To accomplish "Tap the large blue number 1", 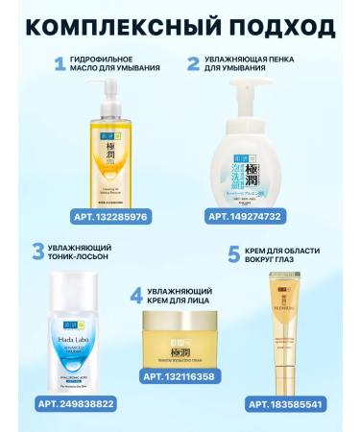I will (60, 65).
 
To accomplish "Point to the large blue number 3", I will (38, 252).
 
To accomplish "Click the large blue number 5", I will (233, 254).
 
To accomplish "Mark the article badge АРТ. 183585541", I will (292, 404).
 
